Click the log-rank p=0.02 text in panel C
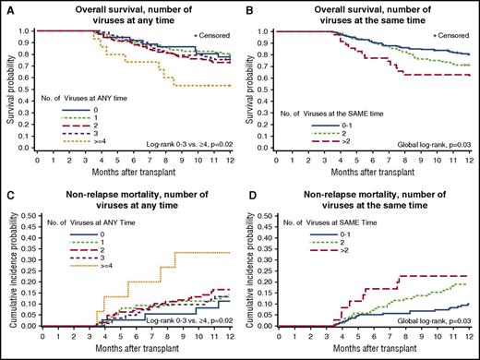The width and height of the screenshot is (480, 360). (184, 318)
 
